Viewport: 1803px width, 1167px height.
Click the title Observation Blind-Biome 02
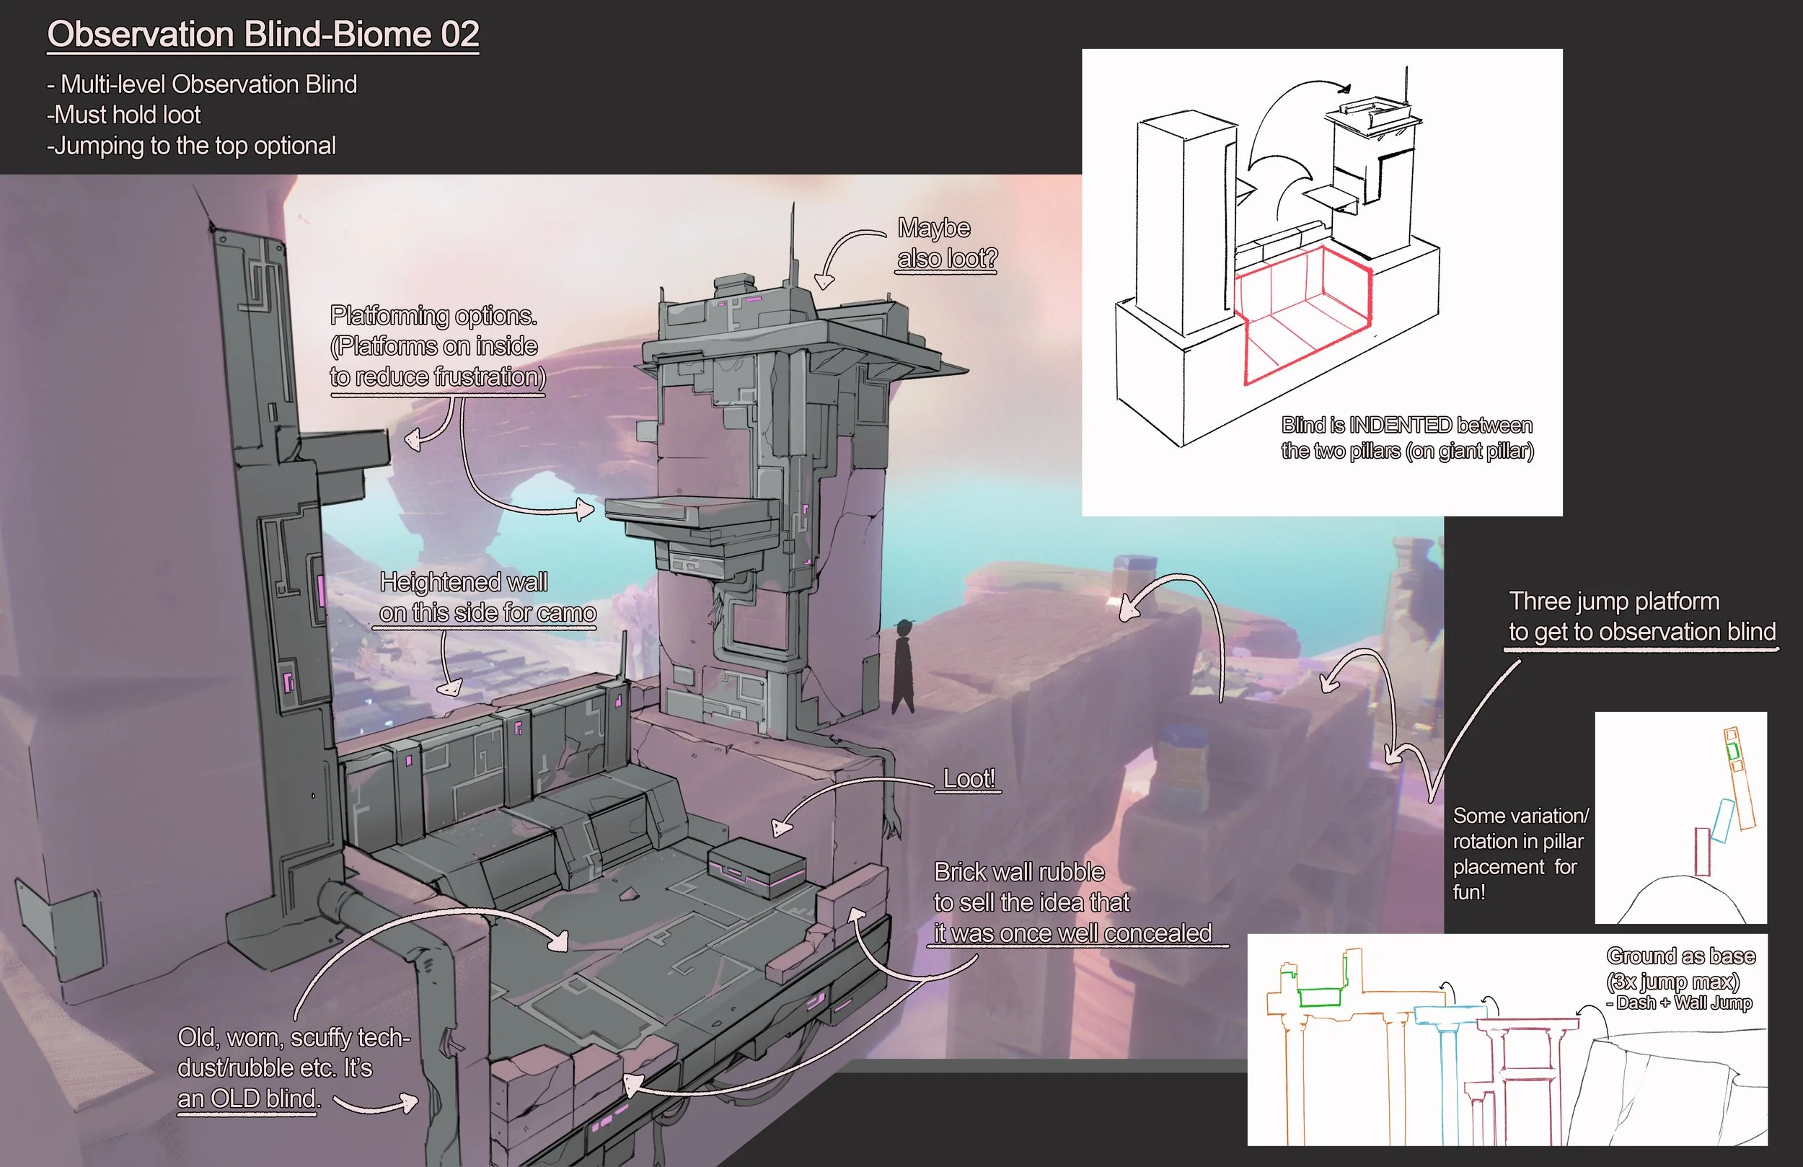tap(263, 35)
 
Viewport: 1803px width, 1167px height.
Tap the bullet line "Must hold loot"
tap(125, 115)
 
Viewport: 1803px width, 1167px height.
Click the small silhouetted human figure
tap(902, 666)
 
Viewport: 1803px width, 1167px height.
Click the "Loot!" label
tap(968, 778)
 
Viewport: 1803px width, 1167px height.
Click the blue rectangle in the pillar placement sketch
tap(1722, 821)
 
